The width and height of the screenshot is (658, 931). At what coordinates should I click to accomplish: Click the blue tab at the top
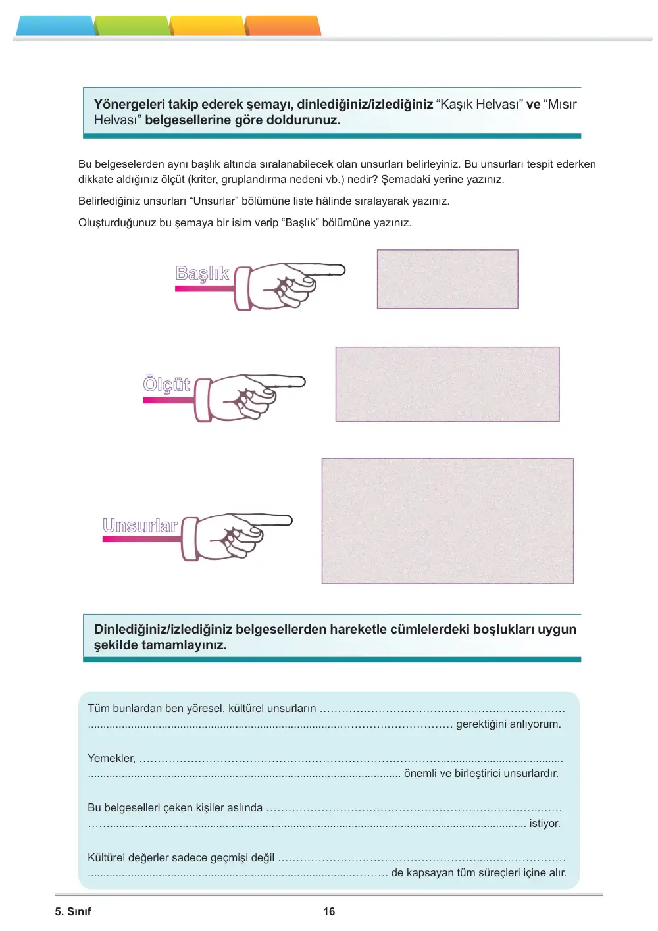[55, 26]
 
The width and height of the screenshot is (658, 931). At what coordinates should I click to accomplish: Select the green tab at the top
[132, 26]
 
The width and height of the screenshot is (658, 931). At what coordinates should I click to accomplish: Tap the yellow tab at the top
[207, 26]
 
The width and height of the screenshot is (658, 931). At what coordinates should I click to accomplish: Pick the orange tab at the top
[283, 26]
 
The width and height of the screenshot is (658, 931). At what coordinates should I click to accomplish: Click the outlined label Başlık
[202, 274]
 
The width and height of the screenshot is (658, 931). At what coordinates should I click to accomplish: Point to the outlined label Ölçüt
[166, 384]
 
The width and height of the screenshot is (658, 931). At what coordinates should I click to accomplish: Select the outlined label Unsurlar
[140, 526]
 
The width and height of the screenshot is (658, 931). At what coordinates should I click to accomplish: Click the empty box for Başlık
[447, 279]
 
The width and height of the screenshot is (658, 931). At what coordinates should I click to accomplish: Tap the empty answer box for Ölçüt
[447, 384]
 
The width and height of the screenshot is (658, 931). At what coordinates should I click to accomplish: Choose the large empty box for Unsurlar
[447, 521]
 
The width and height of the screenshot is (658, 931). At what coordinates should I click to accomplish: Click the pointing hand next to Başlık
[290, 287]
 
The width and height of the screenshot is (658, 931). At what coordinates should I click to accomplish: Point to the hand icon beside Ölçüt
[250, 398]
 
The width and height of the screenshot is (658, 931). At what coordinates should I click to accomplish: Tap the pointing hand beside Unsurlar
[236, 537]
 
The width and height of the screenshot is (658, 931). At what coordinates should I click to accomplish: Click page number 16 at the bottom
[329, 911]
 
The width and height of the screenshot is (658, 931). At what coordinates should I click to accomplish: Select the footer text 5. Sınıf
[73, 911]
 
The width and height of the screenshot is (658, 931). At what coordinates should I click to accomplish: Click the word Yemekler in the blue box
[111, 759]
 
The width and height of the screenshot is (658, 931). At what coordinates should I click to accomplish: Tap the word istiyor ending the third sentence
[545, 823]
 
